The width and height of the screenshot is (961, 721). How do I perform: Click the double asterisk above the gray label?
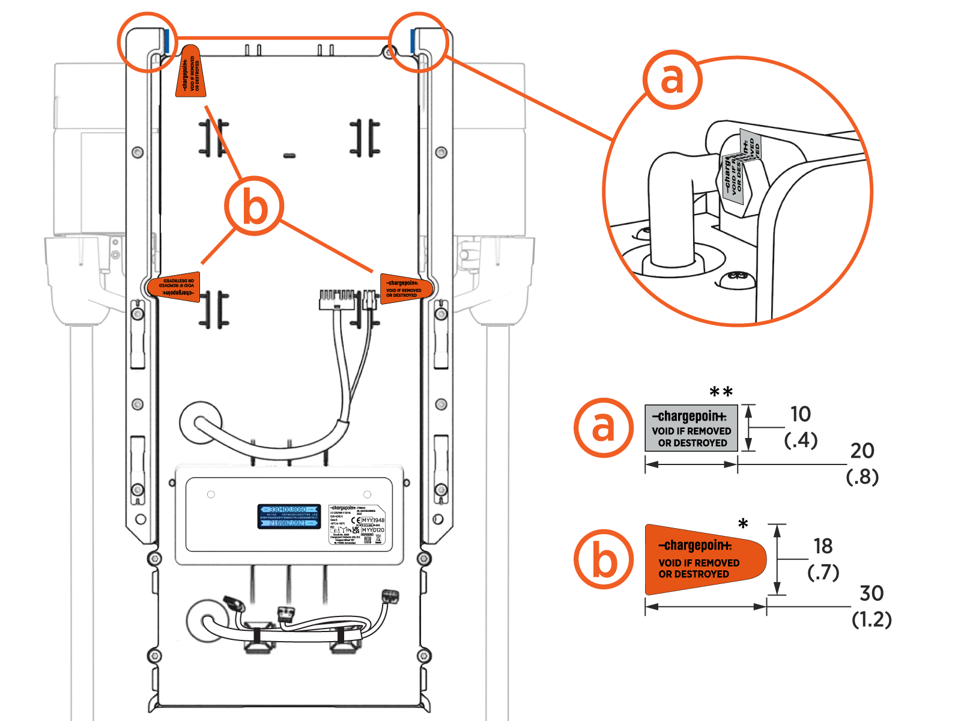tap(721, 392)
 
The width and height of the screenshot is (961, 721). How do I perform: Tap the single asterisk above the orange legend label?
tap(744, 523)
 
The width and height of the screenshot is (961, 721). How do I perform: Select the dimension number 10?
tap(801, 414)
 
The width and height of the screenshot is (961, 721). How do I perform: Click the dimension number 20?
tap(862, 451)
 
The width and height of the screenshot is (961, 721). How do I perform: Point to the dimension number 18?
tap(823, 546)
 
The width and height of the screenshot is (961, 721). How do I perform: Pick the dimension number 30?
tap(872, 594)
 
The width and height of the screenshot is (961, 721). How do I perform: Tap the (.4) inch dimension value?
tap(801, 440)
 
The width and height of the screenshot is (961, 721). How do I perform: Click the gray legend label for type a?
tap(691, 428)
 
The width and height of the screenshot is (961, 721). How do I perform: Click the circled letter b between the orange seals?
tap(255, 207)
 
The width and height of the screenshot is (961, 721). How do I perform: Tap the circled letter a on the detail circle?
tap(672, 79)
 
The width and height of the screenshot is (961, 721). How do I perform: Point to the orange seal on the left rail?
tap(175, 287)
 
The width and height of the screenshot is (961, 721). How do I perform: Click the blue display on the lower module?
tap(288, 517)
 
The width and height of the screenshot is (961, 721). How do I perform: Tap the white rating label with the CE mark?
tap(357, 525)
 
